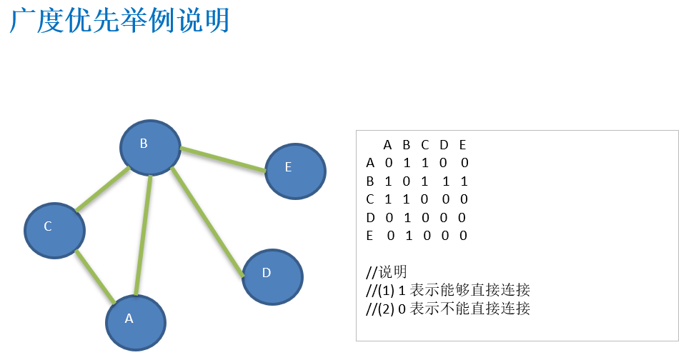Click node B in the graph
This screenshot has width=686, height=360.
pyautogui.click(x=150, y=147)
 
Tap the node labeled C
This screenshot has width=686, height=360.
pyautogui.click(x=54, y=229)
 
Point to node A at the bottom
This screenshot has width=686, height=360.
pyautogui.click(x=136, y=322)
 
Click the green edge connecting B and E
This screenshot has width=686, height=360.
pyautogui.click(x=223, y=159)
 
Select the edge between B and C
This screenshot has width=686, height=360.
pyautogui.click(x=102, y=190)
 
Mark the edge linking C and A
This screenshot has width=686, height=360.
pyautogui.click(x=95, y=277)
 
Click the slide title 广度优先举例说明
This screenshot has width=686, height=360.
pyautogui.click(x=119, y=21)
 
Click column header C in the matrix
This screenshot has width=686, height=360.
pyautogui.click(x=424, y=145)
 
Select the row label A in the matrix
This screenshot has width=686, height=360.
pyautogui.click(x=370, y=163)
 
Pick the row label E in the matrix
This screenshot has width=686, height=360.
pyautogui.click(x=370, y=235)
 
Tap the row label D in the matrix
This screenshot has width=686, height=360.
pyautogui.click(x=370, y=217)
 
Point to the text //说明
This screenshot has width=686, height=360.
pyautogui.click(x=387, y=272)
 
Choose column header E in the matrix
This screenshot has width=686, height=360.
pyautogui.click(x=462, y=145)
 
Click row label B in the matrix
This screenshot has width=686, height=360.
pyautogui.click(x=370, y=181)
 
